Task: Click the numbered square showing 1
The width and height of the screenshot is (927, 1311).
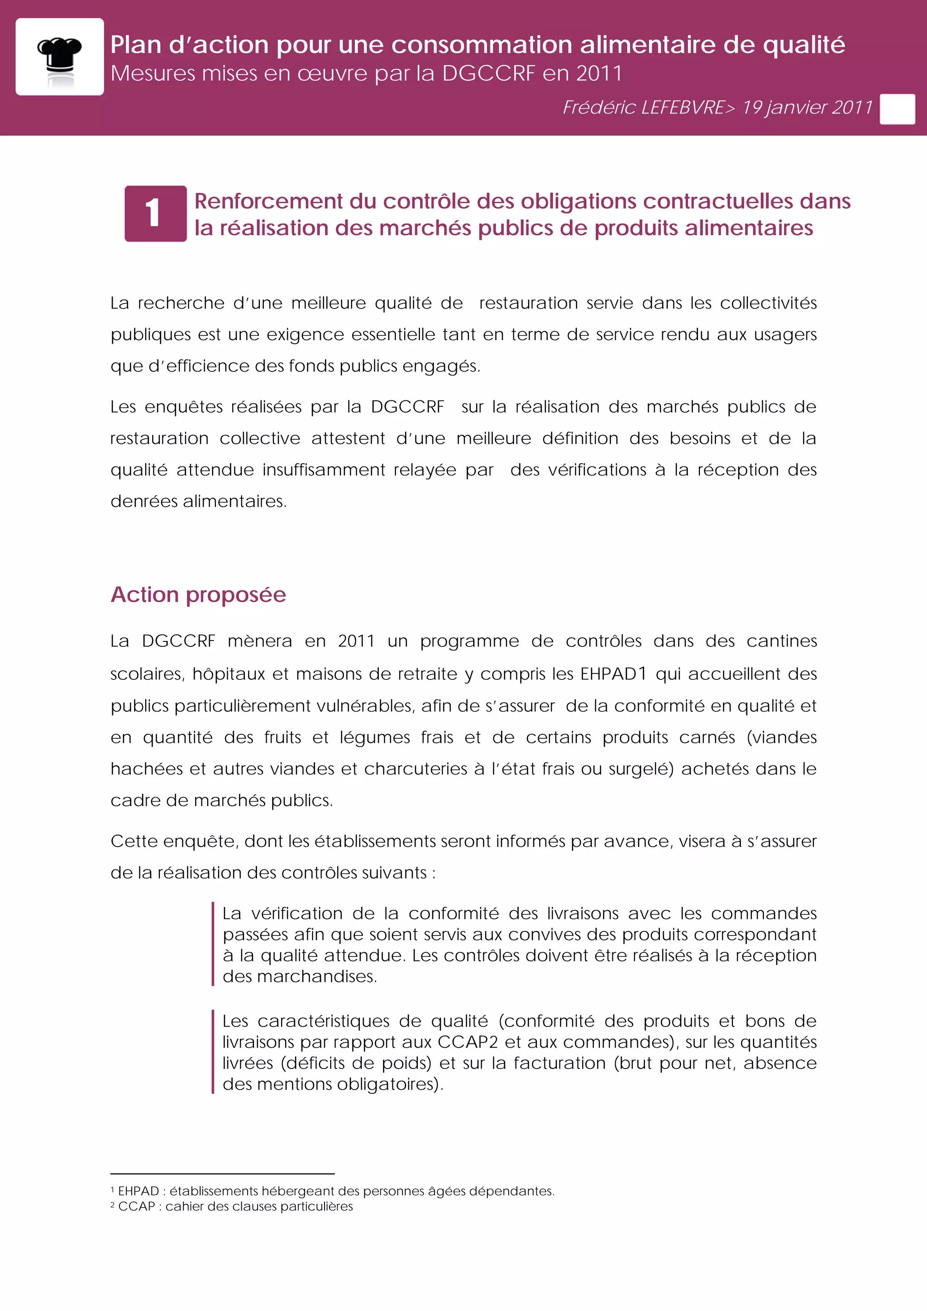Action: coord(155,214)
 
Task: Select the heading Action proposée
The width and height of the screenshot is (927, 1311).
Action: coord(198,594)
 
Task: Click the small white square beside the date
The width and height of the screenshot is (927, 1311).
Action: coord(897,109)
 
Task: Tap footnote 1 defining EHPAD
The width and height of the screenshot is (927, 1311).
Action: coord(332,1191)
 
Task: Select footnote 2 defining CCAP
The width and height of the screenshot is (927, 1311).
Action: coord(232,1206)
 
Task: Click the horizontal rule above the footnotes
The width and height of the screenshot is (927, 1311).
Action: coord(222,1174)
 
